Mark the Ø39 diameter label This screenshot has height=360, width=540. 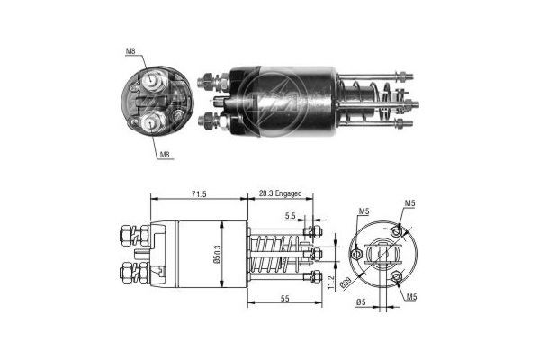[345, 283]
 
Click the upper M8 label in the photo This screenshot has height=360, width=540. [131, 52]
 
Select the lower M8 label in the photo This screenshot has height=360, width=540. [165, 155]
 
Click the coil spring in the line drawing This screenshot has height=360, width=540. [273, 256]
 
